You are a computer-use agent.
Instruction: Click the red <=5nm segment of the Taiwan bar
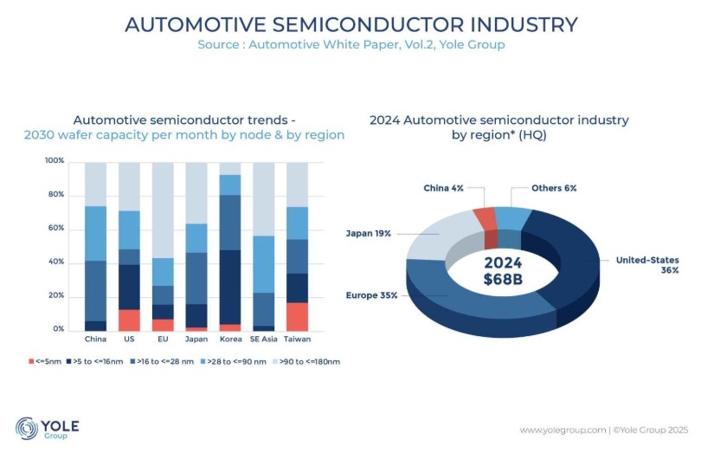[x=297, y=316]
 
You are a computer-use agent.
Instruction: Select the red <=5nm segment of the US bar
[x=129, y=320]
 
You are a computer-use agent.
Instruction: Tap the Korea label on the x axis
[x=230, y=339]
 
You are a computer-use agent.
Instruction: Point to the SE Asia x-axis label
[x=263, y=339]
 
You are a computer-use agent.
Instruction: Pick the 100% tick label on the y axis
[x=54, y=161]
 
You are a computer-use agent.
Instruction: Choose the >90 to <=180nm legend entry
[x=307, y=360]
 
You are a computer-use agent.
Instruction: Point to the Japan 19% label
[x=370, y=232]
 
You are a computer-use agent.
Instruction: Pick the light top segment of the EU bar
[x=163, y=210]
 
